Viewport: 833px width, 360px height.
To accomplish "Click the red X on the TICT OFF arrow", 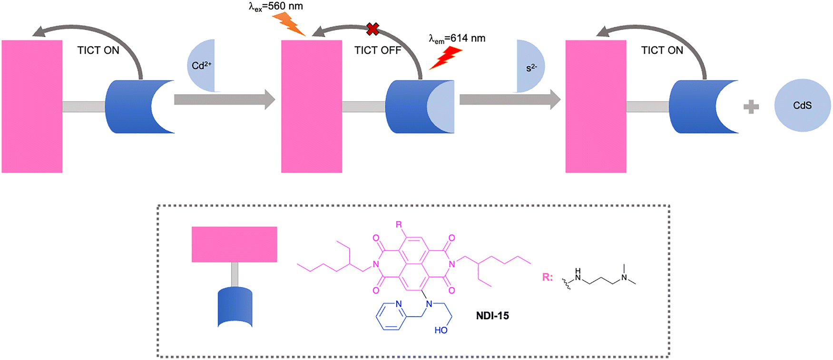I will pyautogui.click(x=373, y=29).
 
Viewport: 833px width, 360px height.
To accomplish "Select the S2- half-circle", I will pyautogui.click(x=530, y=67).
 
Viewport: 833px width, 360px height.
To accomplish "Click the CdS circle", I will pyautogui.click(x=802, y=106).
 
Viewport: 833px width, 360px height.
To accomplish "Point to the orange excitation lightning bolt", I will pyautogui.click(x=288, y=24).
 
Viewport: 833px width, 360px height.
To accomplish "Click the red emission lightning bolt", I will pyautogui.click(x=446, y=58).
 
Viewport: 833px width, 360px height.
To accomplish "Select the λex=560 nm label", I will pyautogui.click(x=276, y=7).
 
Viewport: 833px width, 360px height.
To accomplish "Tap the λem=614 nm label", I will pyautogui.click(x=457, y=39).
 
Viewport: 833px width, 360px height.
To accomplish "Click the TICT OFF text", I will pyautogui.click(x=378, y=50).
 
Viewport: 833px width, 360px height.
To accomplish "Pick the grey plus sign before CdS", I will pyautogui.click(x=751, y=107).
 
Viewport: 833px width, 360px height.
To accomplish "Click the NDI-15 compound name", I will pyautogui.click(x=492, y=316).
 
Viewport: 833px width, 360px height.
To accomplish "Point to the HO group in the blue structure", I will pyautogui.click(x=441, y=330).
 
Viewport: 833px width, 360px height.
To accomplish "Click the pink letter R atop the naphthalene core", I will pyautogui.click(x=399, y=224).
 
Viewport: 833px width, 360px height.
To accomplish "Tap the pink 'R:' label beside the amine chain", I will pyautogui.click(x=548, y=277).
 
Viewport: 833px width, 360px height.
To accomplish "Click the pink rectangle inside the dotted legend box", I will pyautogui.click(x=234, y=244).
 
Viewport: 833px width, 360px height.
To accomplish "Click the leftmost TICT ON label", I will pyautogui.click(x=98, y=50).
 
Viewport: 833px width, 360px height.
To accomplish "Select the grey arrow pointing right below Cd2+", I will pyautogui.click(x=225, y=99).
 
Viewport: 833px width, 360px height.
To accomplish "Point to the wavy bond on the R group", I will pyautogui.click(x=567, y=284).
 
